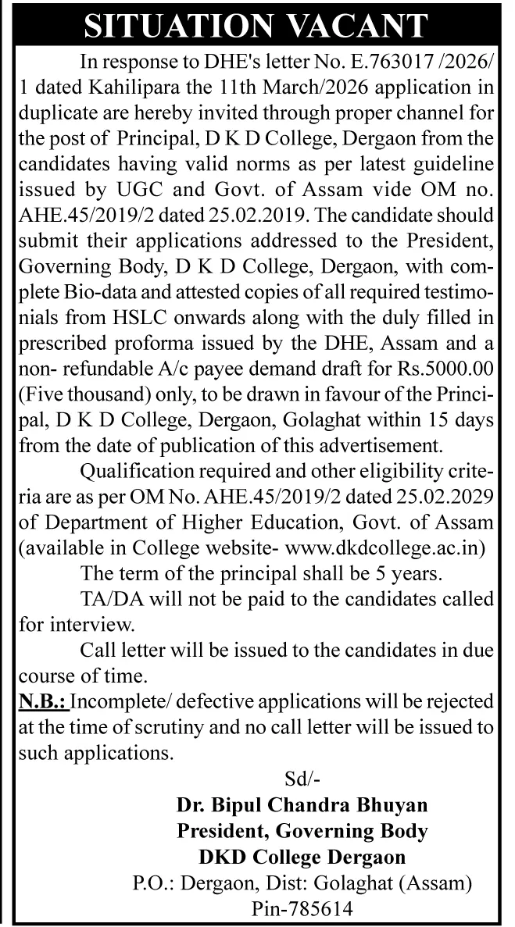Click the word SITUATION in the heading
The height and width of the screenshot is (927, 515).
pos(172,26)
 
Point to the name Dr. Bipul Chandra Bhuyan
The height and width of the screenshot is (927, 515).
pos(302,804)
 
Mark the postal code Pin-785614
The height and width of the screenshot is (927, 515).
pos(302,910)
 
